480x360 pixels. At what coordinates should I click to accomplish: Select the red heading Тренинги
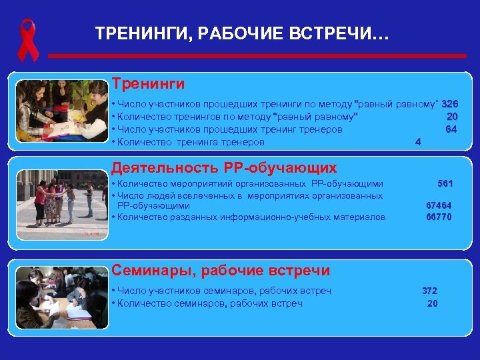(x=148, y=84)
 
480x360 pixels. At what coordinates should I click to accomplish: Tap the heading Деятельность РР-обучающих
(x=224, y=167)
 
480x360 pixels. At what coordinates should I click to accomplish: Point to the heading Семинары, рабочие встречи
(x=221, y=270)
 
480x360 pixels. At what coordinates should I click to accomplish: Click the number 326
(x=449, y=105)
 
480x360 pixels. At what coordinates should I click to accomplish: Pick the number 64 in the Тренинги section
(x=451, y=129)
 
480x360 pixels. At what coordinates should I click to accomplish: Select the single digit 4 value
(x=417, y=142)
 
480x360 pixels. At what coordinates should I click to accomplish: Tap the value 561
(x=445, y=183)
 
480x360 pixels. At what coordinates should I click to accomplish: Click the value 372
(x=430, y=291)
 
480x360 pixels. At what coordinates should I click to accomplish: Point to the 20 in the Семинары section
(x=433, y=303)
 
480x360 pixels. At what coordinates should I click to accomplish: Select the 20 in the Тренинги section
(x=452, y=117)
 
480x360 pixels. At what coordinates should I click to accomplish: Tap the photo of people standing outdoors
(x=62, y=203)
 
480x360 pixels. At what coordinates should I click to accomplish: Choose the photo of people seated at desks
(x=62, y=297)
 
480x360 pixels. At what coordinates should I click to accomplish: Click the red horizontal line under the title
(x=267, y=56)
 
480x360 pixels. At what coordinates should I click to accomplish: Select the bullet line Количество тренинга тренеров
(x=191, y=142)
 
